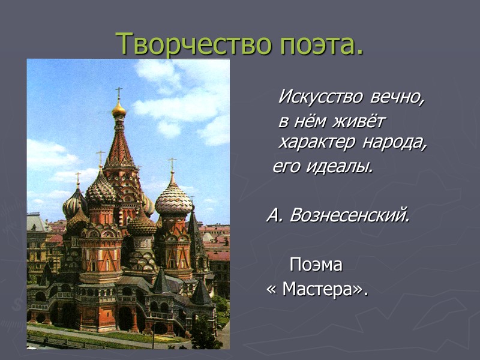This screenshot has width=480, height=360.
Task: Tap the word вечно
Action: [397, 97]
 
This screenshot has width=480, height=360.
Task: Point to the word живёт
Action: [358, 121]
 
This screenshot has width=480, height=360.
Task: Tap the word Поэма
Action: [316, 265]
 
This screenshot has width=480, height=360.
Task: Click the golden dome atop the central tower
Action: [119, 109]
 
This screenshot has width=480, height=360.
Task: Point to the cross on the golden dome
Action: [119, 92]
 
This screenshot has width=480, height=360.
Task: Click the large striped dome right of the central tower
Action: [173, 199]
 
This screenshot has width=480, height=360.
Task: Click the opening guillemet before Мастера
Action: [271, 290]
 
